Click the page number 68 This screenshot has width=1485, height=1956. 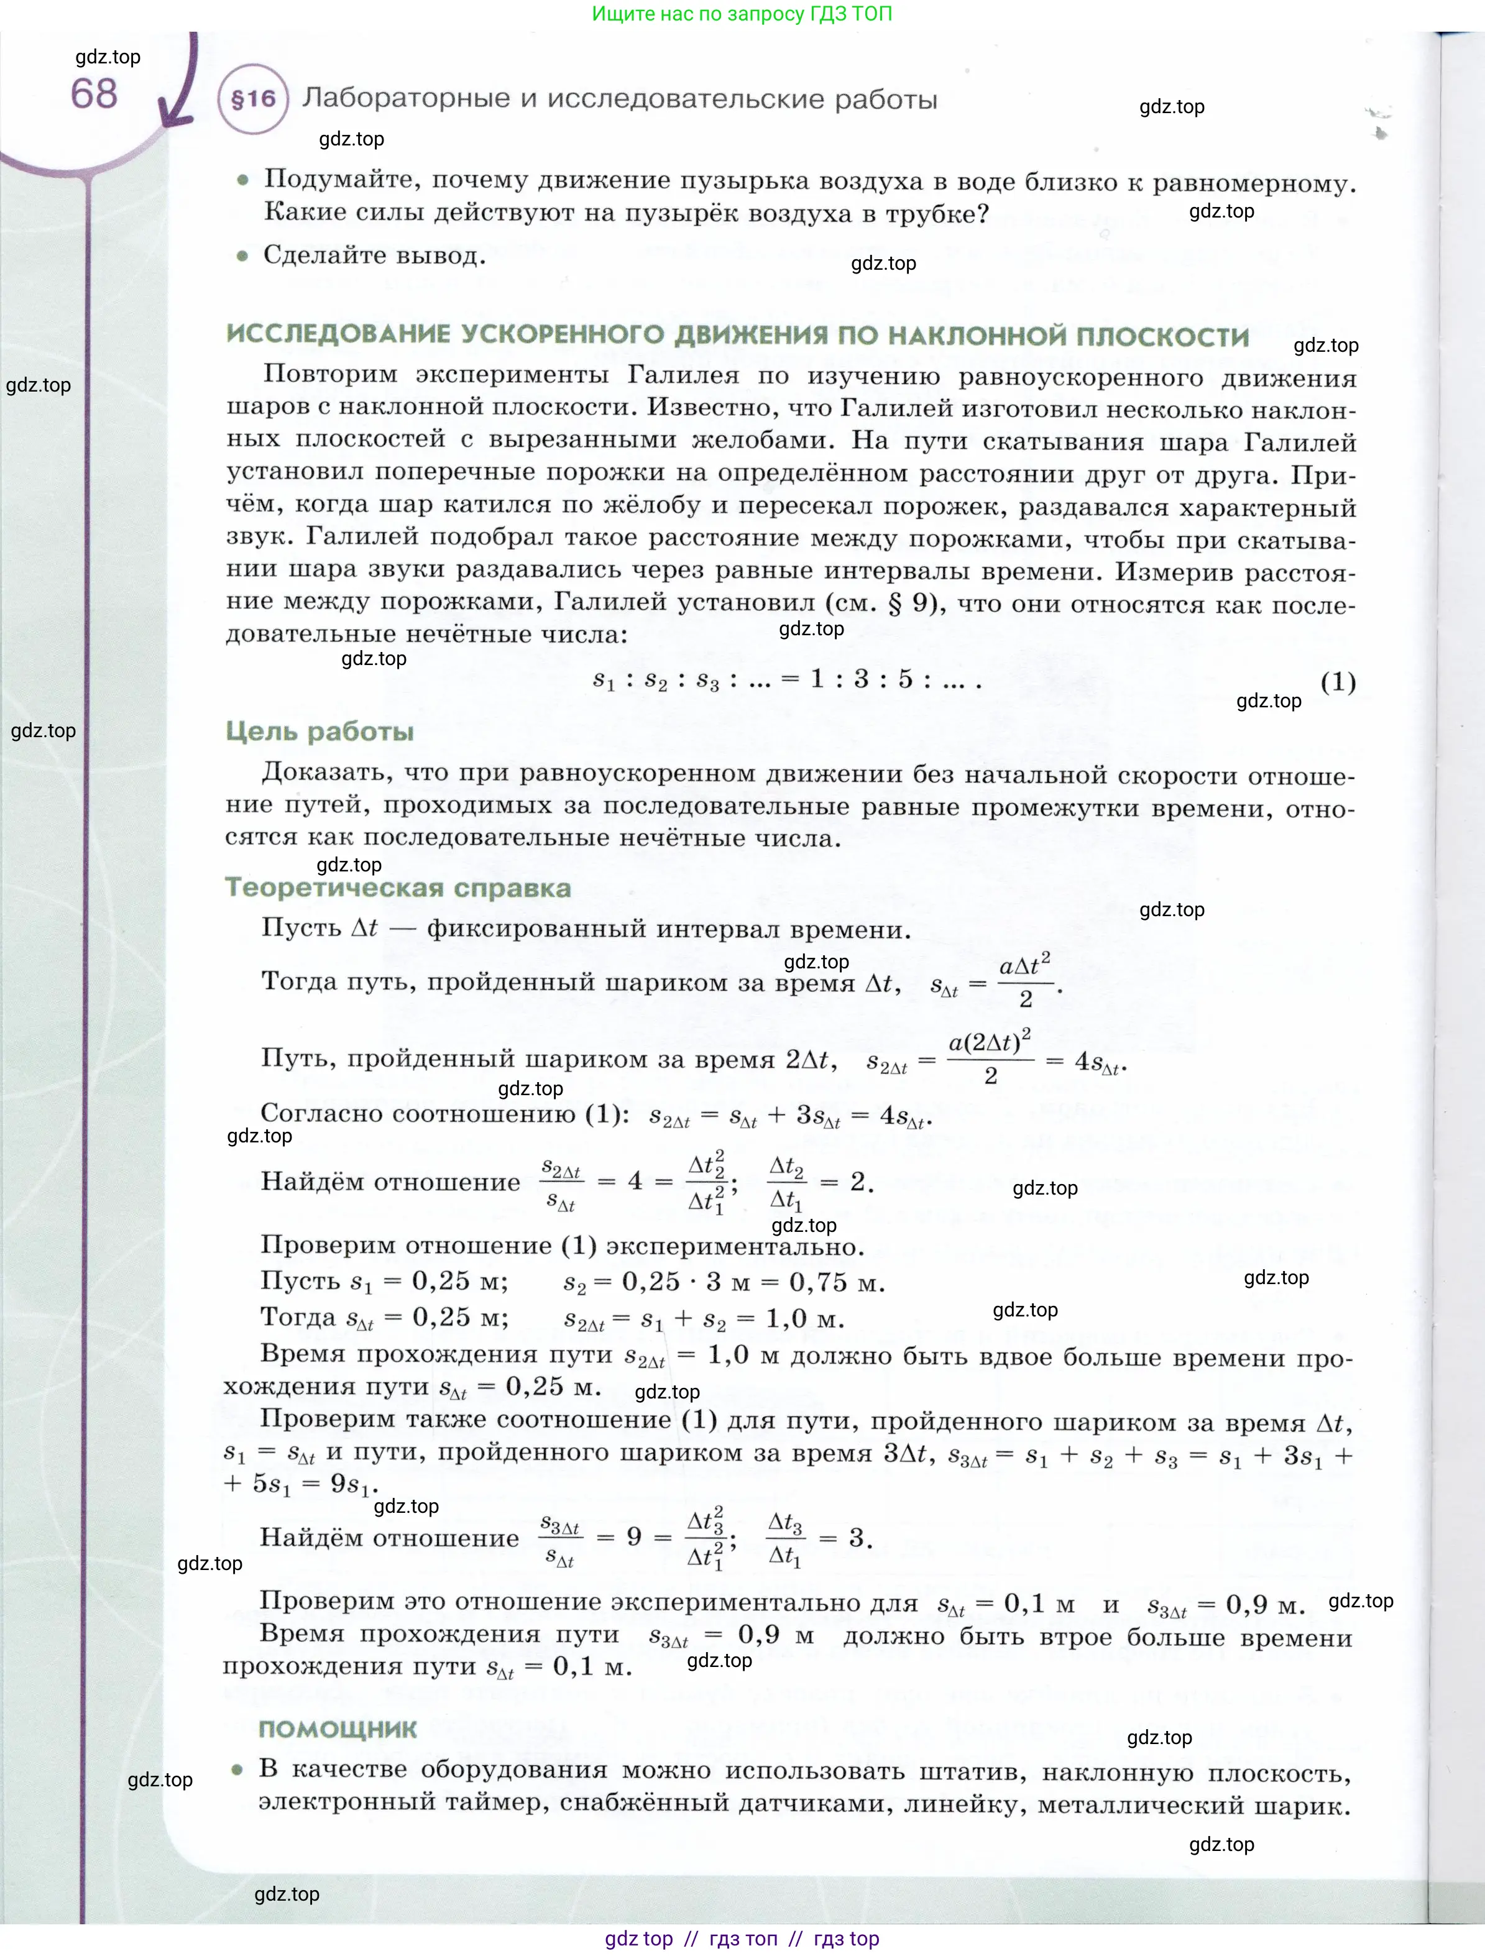coord(94,94)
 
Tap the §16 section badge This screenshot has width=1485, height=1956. coord(253,99)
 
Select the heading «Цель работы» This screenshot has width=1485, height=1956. coord(320,732)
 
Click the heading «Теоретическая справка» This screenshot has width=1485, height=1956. coord(398,888)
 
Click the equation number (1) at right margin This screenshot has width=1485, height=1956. coord(1337,682)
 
